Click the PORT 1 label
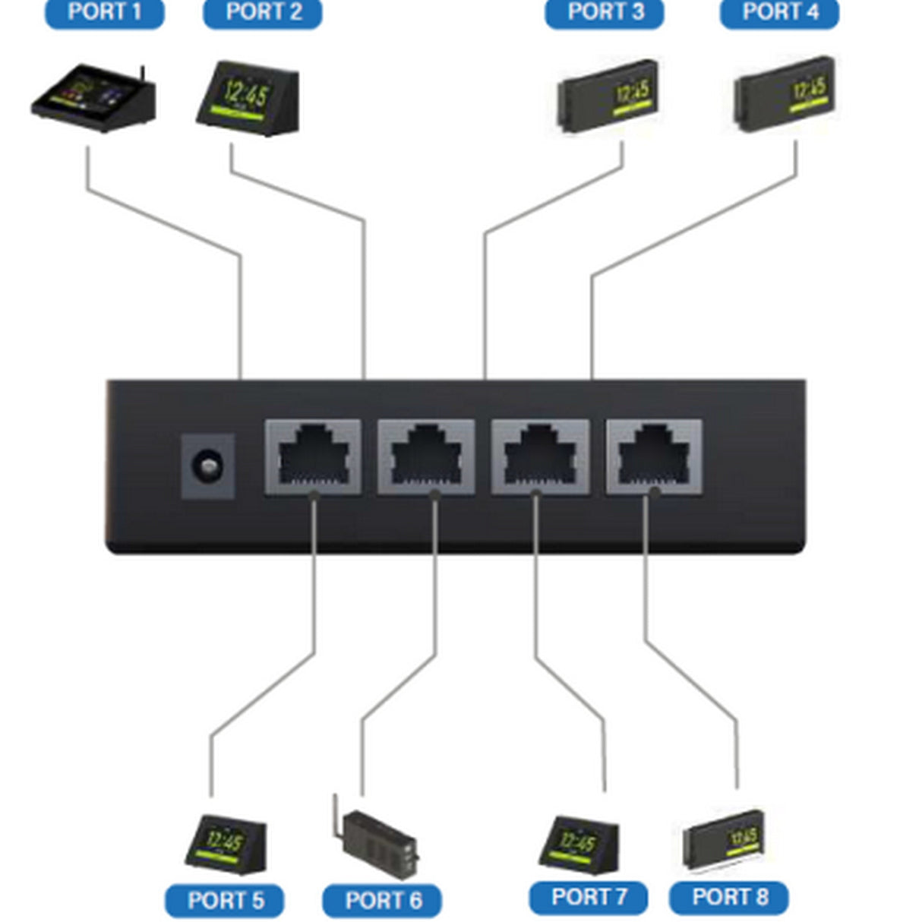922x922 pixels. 104,13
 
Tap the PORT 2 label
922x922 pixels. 263,13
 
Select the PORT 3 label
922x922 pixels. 605,13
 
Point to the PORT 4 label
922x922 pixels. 779,13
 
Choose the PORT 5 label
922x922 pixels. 225,901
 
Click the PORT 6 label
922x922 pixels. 382,901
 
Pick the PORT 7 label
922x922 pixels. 588,897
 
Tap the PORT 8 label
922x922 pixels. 729,897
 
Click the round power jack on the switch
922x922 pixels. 207,466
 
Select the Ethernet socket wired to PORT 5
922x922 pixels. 313,456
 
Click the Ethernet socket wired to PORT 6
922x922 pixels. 426,456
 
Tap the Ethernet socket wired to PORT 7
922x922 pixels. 540,456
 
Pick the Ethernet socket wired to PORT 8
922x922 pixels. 653,456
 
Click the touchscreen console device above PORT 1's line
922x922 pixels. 93,99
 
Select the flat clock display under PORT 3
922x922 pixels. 608,96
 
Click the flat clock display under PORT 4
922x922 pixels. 783,94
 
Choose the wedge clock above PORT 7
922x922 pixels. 579,843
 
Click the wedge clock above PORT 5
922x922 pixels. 225,844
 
